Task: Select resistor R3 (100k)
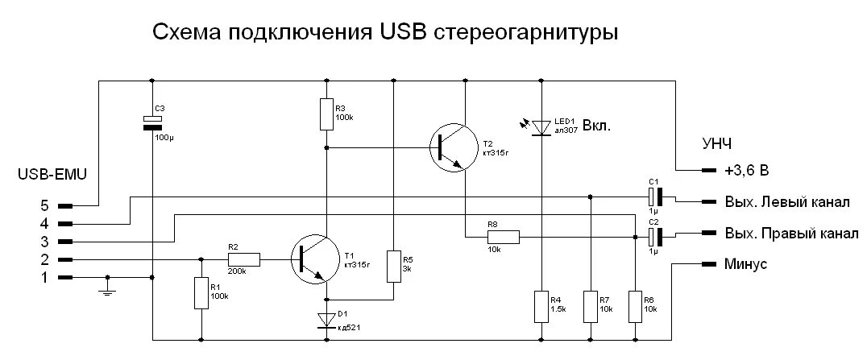tap(326, 114)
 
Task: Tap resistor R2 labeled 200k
tap(243, 259)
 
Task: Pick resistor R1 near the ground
tap(201, 292)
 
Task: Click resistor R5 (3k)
tap(393, 265)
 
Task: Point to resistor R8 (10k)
tap(503, 237)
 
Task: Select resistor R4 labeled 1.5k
tap(540, 306)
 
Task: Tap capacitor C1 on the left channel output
tap(654, 196)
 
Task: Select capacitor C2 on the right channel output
tap(654, 236)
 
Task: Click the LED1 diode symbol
tap(540, 126)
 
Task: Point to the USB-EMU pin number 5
tap(44, 206)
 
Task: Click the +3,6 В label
tap(745, 171)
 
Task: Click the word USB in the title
tap(400, 34)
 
